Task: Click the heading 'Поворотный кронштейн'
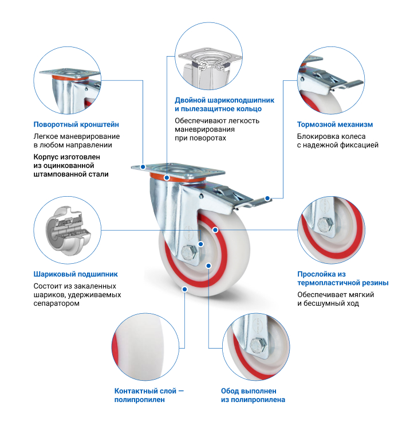[76, 124]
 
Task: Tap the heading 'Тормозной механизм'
[335, 124]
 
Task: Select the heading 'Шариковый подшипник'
[76, 274]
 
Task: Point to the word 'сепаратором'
[56, 303]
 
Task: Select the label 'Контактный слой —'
[149, 391]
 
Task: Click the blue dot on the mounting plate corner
[143, 166]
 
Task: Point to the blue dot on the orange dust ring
[167, 178]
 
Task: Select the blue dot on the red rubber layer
[215, 230]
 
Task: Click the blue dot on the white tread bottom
[185, 289]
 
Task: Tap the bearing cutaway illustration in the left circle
[68, 231]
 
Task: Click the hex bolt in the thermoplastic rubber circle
[325, 224]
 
